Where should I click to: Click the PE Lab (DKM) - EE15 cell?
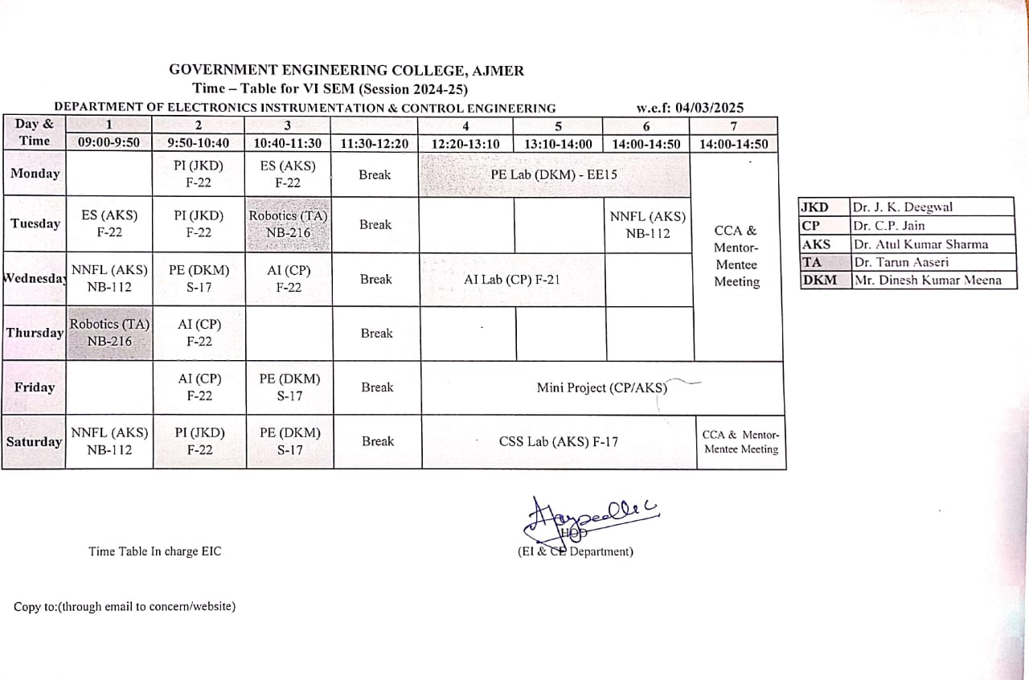pos(554,174)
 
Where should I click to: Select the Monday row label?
pos(35,174)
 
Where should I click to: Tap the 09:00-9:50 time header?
pos(109,144)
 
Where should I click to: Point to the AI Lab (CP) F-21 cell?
pos(512,280)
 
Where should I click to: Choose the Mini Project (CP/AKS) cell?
pos(602,387)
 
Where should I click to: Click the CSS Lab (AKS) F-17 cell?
pos(559,441)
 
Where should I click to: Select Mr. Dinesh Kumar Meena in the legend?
pos(927,280)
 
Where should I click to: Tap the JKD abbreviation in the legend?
pos(815,207)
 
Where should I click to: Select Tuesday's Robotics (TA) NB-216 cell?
pos(288,224)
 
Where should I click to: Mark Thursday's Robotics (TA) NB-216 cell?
pos(109,333)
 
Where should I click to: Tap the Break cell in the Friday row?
pos(377,387)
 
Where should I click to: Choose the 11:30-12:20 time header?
pos(375,144)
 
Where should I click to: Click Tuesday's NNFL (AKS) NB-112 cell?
pos(648,225)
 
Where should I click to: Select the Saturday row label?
pos(34,441)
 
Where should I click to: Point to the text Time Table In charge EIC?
pos(154,551)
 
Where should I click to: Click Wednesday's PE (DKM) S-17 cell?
pos(199,279)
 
